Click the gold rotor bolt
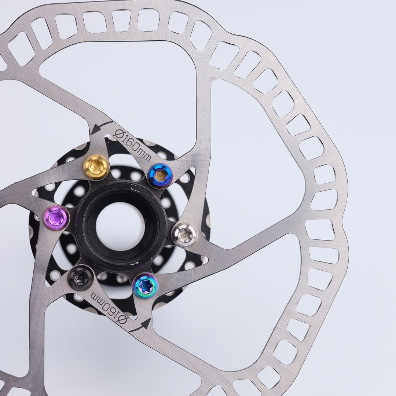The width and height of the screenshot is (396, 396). pyautogui.click(x=96, y=167)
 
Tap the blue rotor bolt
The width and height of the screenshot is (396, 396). pyautogui.click(x=160, y=176)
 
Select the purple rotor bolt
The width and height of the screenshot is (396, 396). pyautogui.click(x=56, y=218)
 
